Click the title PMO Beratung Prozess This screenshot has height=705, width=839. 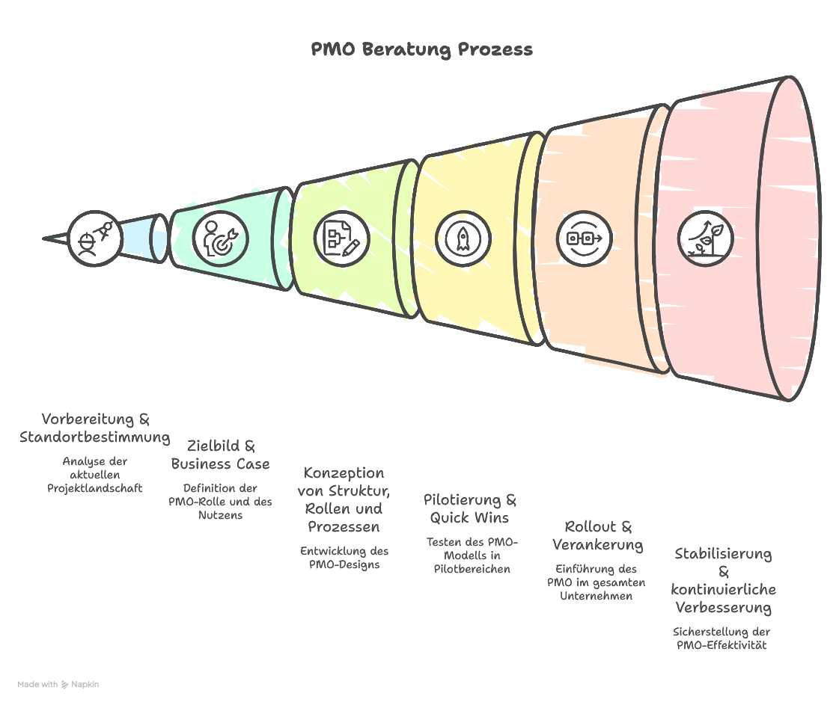[x=422, y=50]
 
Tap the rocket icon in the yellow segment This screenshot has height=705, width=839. [x=463, y=238]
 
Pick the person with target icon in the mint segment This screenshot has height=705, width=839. [x=220, y=237]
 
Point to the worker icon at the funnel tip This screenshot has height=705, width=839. [x=94, y=238]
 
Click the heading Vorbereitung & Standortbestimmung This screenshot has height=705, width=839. [x=95, y=428]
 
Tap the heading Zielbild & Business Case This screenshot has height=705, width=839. [x=221, y=455]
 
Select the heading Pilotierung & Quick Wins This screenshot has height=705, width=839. [x=470, y=508]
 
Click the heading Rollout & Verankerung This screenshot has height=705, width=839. [x=598, y=535]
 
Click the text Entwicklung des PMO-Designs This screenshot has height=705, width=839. [x=344, y=558]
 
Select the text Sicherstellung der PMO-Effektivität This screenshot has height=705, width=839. [x=721, y=638]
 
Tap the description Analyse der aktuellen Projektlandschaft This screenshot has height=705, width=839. [x=95, y=475]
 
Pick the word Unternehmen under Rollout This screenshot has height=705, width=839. [x=597, y=596]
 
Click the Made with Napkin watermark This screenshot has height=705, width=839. [x=58, y=684]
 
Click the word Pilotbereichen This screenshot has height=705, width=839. [x=472, y=569]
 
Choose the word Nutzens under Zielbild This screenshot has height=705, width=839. [x=220, y=515]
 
